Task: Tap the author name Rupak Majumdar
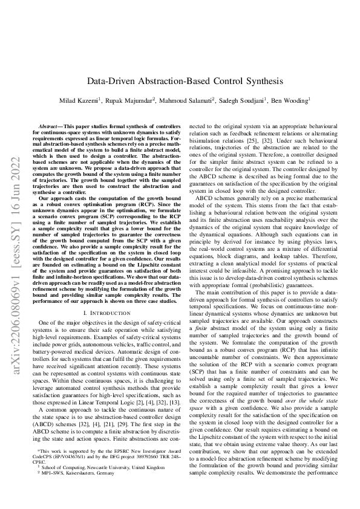(132, 100)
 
